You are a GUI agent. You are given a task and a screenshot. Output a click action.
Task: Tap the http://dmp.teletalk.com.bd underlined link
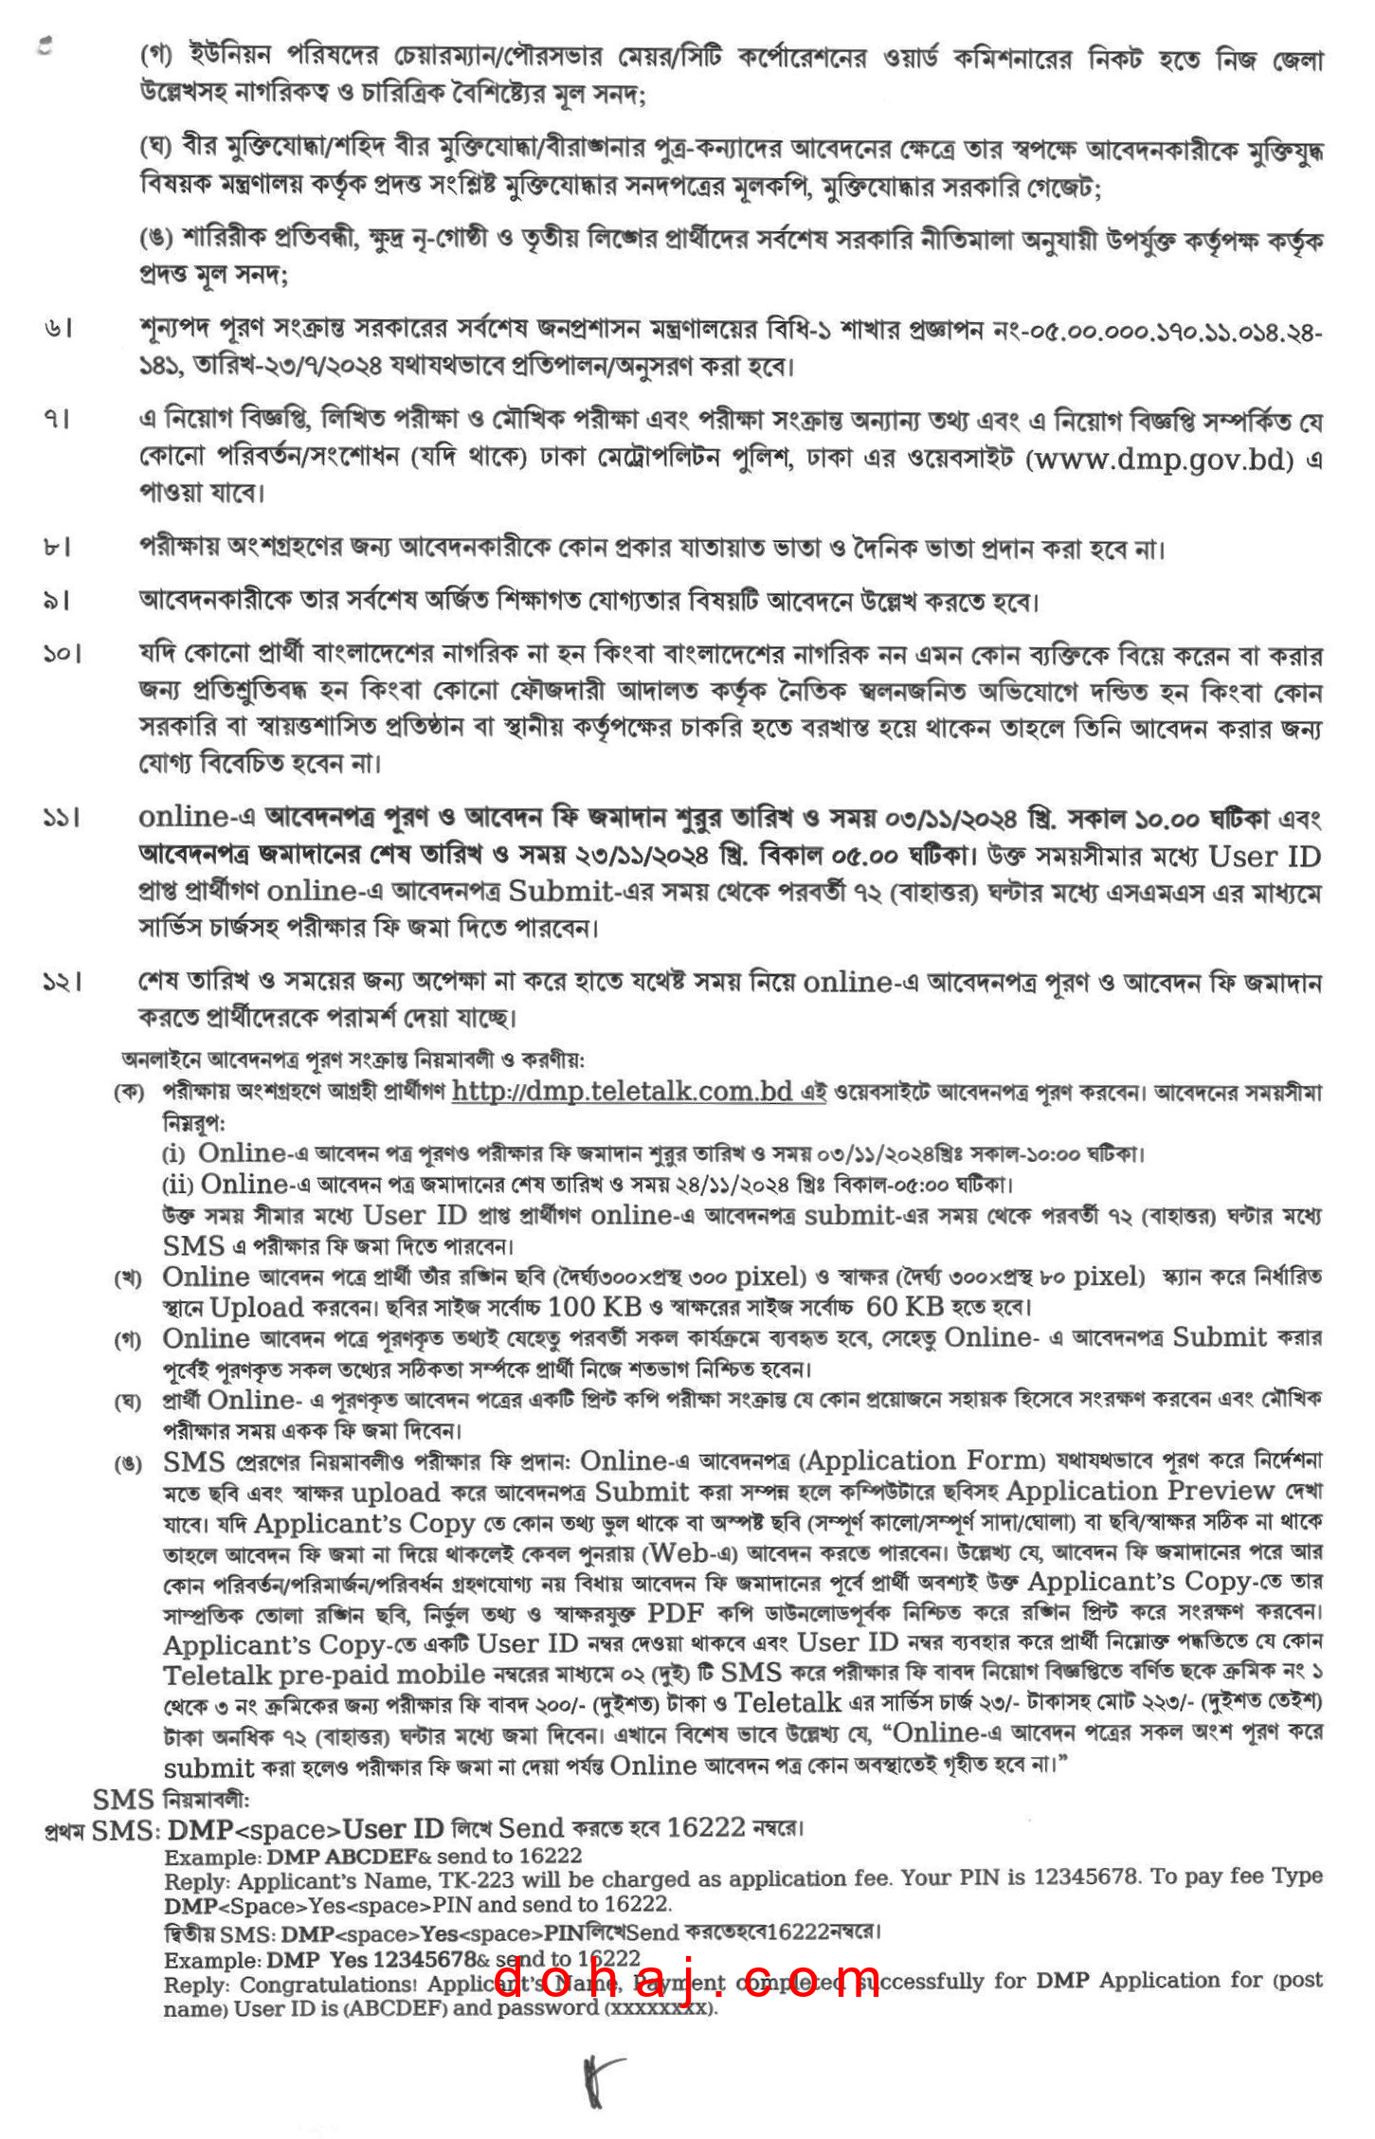click(x=622, y=1091)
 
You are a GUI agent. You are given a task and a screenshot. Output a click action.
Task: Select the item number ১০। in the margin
click(x=62, y=654)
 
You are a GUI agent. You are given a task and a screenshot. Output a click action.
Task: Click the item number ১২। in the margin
click(x=62, y=983)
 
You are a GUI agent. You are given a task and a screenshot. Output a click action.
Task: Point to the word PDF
click(x=675, y=1612)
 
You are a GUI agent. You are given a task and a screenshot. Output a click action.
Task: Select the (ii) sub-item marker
click(x=177, y=1185)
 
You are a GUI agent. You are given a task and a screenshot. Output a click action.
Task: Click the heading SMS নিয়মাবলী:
click(x=172, y=1800)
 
